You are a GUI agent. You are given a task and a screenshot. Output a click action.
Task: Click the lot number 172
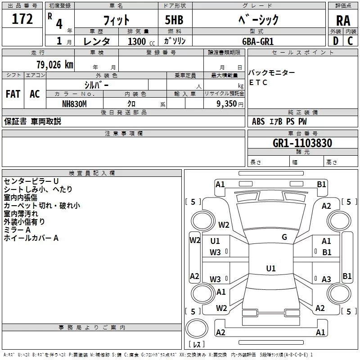tap(22, 19)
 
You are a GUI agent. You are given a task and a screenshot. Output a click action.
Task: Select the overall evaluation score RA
tap(343, 21)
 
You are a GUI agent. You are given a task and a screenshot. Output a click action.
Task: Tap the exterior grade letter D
tap(336, 41)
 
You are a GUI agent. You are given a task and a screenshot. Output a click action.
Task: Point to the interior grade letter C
tap(350, 41)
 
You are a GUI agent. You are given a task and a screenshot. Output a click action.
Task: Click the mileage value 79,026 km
tap(55, 65)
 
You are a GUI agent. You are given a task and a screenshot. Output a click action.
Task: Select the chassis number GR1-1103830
tap(302, 143)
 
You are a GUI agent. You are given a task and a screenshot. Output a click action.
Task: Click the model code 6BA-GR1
tap(258, 41)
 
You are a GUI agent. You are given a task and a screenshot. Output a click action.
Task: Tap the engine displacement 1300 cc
tap(141, 41)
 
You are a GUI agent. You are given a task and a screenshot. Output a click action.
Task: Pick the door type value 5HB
tap(174, 20)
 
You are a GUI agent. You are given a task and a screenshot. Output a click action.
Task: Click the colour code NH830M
tap(74, 104)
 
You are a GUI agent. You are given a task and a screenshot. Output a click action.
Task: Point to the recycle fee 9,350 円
tap(230, 104)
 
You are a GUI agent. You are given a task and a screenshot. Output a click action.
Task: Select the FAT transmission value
tap(13, 94)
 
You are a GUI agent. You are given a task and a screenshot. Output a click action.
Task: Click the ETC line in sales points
tap(258, 82)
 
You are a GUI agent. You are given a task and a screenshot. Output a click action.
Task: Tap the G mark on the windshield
tap(284, 237)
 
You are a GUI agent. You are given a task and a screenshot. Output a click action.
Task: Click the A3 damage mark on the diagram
tap(326, 279)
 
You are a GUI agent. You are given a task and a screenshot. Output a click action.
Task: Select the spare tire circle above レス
tap(197, 328)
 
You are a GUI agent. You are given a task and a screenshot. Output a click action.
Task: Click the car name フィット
tap(117, 20)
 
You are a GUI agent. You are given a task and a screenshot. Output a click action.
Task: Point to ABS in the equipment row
tap(258, 121)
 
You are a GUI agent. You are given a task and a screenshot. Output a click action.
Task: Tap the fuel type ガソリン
tap(175, 41)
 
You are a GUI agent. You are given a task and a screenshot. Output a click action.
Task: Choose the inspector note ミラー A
tap(17, 230)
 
